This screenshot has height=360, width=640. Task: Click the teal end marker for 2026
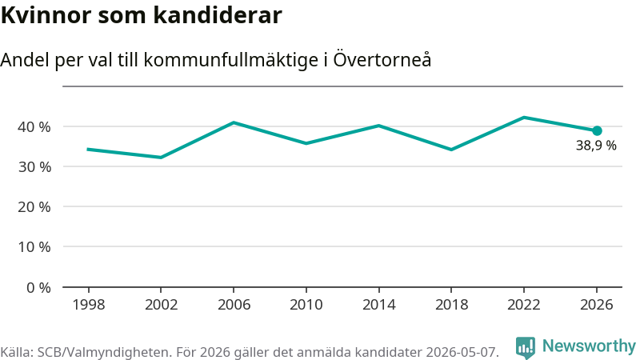(597, 130)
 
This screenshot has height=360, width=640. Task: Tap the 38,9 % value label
(596, 146)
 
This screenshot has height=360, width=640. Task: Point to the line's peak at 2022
(524, 118)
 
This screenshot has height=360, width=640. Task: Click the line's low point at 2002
(161, 157)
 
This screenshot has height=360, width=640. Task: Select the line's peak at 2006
(234, 122)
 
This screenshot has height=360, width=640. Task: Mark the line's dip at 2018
(451, 150)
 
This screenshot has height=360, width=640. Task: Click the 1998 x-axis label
(89, 305)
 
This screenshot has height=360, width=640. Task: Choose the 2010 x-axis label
(306, 305)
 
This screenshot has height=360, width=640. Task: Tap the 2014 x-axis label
(378, 305)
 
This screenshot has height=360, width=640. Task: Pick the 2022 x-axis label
(524, 305)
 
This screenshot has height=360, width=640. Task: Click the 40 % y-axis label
(34, 127)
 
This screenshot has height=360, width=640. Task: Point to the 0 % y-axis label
(38, 288)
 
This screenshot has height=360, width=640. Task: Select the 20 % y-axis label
(34, 207)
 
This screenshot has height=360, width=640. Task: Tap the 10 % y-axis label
(34, 247)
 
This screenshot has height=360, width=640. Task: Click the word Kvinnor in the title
(46, 15)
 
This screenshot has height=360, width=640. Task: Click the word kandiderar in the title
(218, 15)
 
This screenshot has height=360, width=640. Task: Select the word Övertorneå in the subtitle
(382, 59)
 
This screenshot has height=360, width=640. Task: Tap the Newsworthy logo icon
(526, 348)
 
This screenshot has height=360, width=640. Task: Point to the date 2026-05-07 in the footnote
(461, 352)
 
